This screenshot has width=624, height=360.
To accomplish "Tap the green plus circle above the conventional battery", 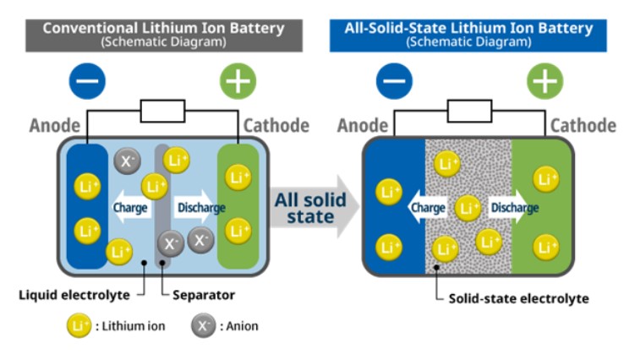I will [238, 82].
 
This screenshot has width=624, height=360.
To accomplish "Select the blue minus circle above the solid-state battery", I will [393, 82].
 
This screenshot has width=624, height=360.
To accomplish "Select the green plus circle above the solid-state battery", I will [545, 82].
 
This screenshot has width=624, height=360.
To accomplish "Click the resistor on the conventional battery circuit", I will [163, 111].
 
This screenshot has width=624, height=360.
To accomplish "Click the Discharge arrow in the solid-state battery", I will [512, 207].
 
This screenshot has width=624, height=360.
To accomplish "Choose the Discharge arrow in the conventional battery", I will [200, 207].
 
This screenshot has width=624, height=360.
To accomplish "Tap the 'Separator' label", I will [203, 295].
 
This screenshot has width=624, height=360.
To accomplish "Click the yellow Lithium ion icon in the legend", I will [79, 325].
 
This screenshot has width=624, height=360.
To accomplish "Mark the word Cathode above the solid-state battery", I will [583, 126].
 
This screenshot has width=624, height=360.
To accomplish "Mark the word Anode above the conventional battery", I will [55, 126].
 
